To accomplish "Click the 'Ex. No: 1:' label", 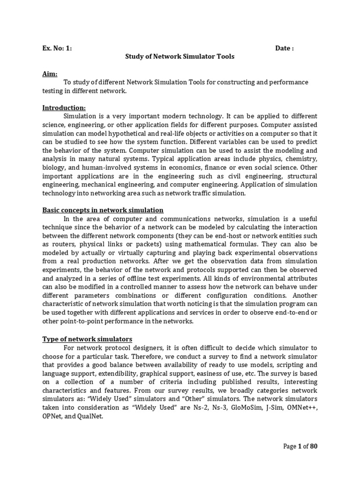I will coord(57,48).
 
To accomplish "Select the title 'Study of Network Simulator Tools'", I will coord(180,57).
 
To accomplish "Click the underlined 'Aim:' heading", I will coord(50,74).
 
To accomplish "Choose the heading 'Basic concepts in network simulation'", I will coord(103,210).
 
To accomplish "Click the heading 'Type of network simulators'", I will coord(88,339).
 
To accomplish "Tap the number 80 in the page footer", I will coord(314,446).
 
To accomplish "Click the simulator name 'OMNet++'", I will coord(303,407).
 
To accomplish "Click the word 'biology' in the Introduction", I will coord(54,167).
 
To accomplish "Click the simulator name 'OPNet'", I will coord(54,416).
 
